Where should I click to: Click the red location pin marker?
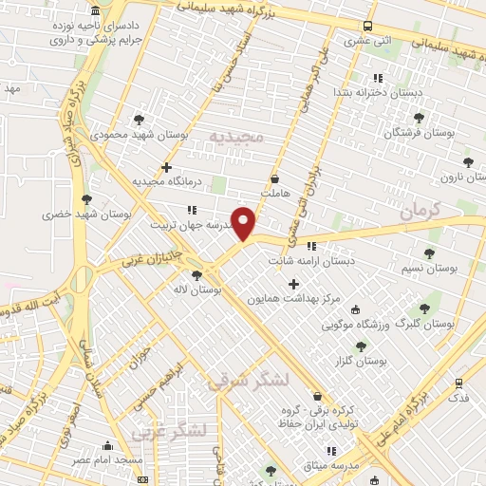click(244, 223)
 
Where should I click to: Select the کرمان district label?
click(421, 213)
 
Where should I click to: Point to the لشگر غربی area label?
click(169, 432)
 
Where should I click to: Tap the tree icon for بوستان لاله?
click(196, 275)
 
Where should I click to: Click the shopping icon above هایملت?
click(275, 178)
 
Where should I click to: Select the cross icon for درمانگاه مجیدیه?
click(166, 167)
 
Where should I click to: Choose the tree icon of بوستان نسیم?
click(429, 253)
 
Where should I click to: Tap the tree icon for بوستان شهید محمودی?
click(140, 120)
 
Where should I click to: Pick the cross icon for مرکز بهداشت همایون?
click(292, 284)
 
